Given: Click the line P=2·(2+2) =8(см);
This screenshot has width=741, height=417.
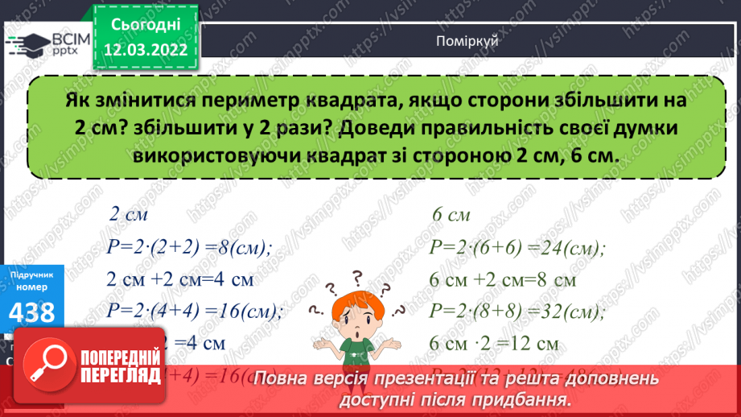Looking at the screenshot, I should coord(189,248).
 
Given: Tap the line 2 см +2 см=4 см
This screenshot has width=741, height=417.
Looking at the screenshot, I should coord(180,279).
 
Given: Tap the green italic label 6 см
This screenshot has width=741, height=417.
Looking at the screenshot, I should coord(451,215).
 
